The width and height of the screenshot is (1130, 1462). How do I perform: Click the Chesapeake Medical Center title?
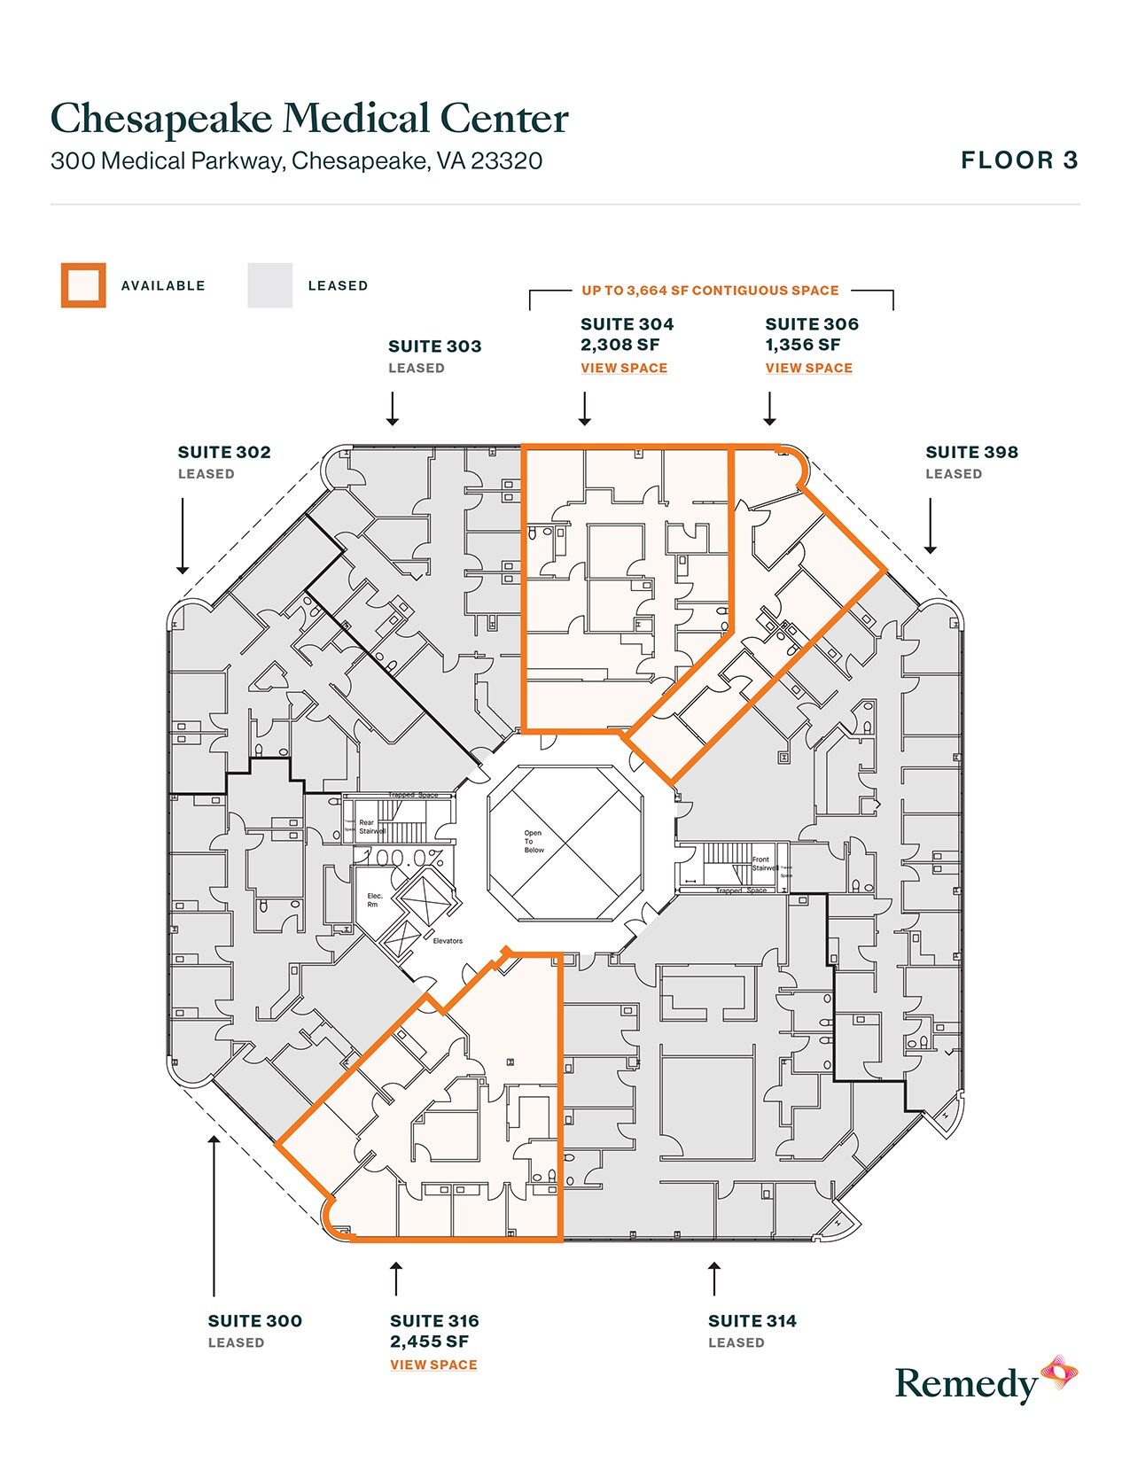click(x=309, y=119)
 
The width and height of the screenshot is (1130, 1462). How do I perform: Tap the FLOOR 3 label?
click(x=1019, y=160)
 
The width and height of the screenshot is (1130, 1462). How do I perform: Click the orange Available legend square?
click(x=83, y=285)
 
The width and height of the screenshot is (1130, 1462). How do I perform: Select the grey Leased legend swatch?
click(x=269, y=285)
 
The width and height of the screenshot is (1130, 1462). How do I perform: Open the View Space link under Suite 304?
click(x=624, y=368)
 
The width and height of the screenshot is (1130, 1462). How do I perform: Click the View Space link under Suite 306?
click(x=808, y=368)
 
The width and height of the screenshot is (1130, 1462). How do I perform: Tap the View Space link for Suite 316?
click(x=433, y=1365)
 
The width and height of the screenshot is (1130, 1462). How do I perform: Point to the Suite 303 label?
click(x=434, y=346)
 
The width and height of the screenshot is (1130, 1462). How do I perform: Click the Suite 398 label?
click(x=971, y=452)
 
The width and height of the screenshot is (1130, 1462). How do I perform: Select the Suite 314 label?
click(x=752, y=1321)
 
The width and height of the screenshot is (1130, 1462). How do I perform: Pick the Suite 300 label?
click(x=254, y=1321)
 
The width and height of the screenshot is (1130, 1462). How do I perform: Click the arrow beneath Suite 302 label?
click(x=183, y=536)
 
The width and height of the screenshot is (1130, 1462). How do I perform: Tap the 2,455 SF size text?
click(x=429, y=1341)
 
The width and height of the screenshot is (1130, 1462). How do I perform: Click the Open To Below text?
click(x=533, y=842)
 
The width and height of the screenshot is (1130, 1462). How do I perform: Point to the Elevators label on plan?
click(x=448, y=941)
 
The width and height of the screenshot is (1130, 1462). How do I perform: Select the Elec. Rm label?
click(x=374, y=900)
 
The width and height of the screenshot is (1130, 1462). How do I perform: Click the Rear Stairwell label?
click(x=370, y=827)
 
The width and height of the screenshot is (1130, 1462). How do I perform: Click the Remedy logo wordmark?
click(x=966, y=1384)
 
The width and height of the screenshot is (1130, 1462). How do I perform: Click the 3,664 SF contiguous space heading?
click(x=710, y=291)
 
